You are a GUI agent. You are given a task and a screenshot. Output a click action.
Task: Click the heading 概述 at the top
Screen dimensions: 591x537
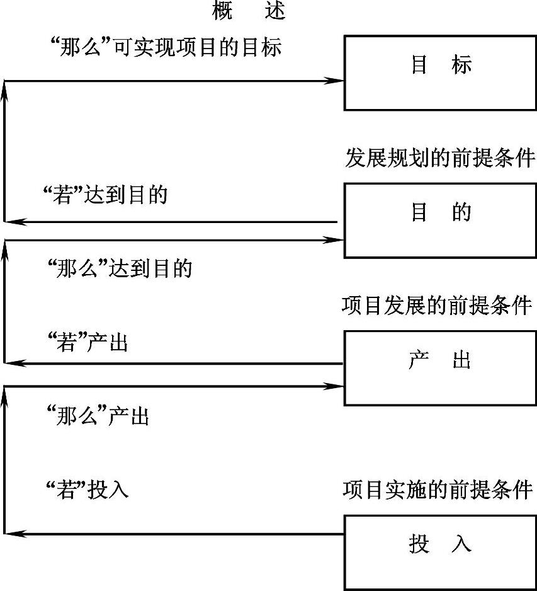pos(249,12)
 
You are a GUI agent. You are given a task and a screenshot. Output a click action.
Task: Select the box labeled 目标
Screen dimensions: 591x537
pos(440,72)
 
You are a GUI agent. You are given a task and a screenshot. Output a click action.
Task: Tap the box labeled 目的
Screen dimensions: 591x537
pos(440,220)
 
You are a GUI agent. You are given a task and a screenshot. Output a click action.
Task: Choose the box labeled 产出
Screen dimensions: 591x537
pos(440,368)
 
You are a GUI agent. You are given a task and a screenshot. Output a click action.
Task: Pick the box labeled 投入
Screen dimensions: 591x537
pos(440,551)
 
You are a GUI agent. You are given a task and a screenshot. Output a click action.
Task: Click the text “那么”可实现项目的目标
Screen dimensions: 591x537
pos(165,48)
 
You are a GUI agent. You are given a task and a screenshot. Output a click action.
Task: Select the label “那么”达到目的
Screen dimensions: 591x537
pos(120,269)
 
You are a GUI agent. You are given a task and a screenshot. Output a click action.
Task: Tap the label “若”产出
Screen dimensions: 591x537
pos(88,343)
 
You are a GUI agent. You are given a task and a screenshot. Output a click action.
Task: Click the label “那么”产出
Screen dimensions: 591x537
pos(98,416)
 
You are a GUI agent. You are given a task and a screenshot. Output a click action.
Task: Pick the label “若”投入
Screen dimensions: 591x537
pos(88,490)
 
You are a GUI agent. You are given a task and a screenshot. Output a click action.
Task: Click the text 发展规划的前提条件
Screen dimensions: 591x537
pos(440,158)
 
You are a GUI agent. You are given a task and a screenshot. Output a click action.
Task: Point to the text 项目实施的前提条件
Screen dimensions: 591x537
pos(438,489)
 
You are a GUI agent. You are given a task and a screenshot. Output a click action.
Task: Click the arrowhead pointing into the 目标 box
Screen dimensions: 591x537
pos(334,81)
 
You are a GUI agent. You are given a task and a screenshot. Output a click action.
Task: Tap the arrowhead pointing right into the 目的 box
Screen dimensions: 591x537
pos(334,240)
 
